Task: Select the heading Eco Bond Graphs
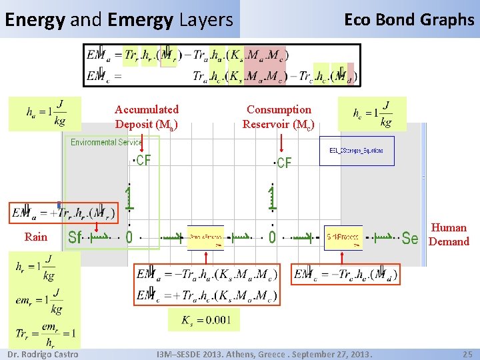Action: click(x=409, y=20)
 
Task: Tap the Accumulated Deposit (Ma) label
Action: click(x=147, y=117)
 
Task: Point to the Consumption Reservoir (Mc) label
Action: click(x=279, y=117)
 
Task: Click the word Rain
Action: click(x=36, y=237)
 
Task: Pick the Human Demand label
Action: click(x=449, y=235)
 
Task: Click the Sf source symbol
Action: click(x=75, y=237)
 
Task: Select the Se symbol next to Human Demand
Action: click(x=410, y=238)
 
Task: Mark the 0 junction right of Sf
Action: click(x=129, y=237)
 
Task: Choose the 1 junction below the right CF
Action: click(x=271, y=197)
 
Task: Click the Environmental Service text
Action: click(x=107, y=142)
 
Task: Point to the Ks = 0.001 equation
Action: click(x=207, y=320)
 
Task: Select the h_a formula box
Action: click(x=45, y=113)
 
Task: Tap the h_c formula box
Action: click(x=372, y=113)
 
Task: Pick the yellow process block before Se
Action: click(x=343, y=238)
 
